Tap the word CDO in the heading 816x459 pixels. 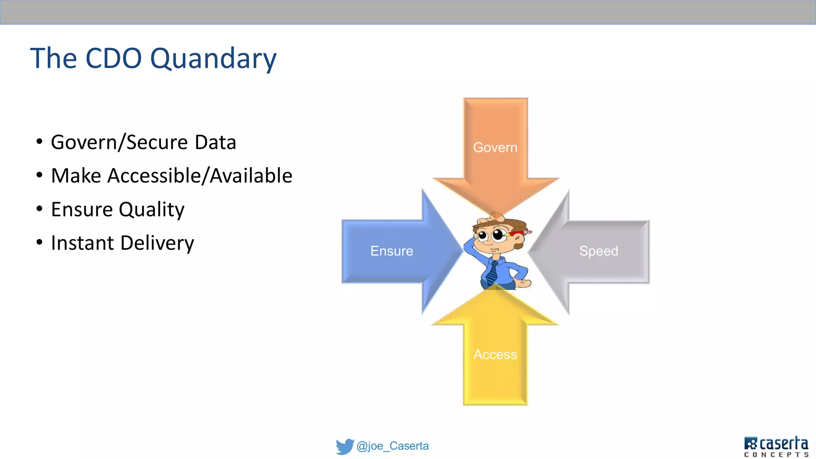(114, 58)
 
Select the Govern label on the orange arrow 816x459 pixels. (495, 147)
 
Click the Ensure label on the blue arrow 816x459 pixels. (392, 251)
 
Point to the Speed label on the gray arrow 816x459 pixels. (598, 251)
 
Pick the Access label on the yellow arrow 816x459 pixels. (495, 354)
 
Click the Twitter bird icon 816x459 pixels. (345, 446)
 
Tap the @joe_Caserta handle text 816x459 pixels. (392, 446)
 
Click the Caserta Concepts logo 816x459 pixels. (776, 447)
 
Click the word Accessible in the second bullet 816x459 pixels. (154, 176)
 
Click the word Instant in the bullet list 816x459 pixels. (82, 243)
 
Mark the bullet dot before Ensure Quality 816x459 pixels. (39, 208)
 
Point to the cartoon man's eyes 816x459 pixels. (491, 235)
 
